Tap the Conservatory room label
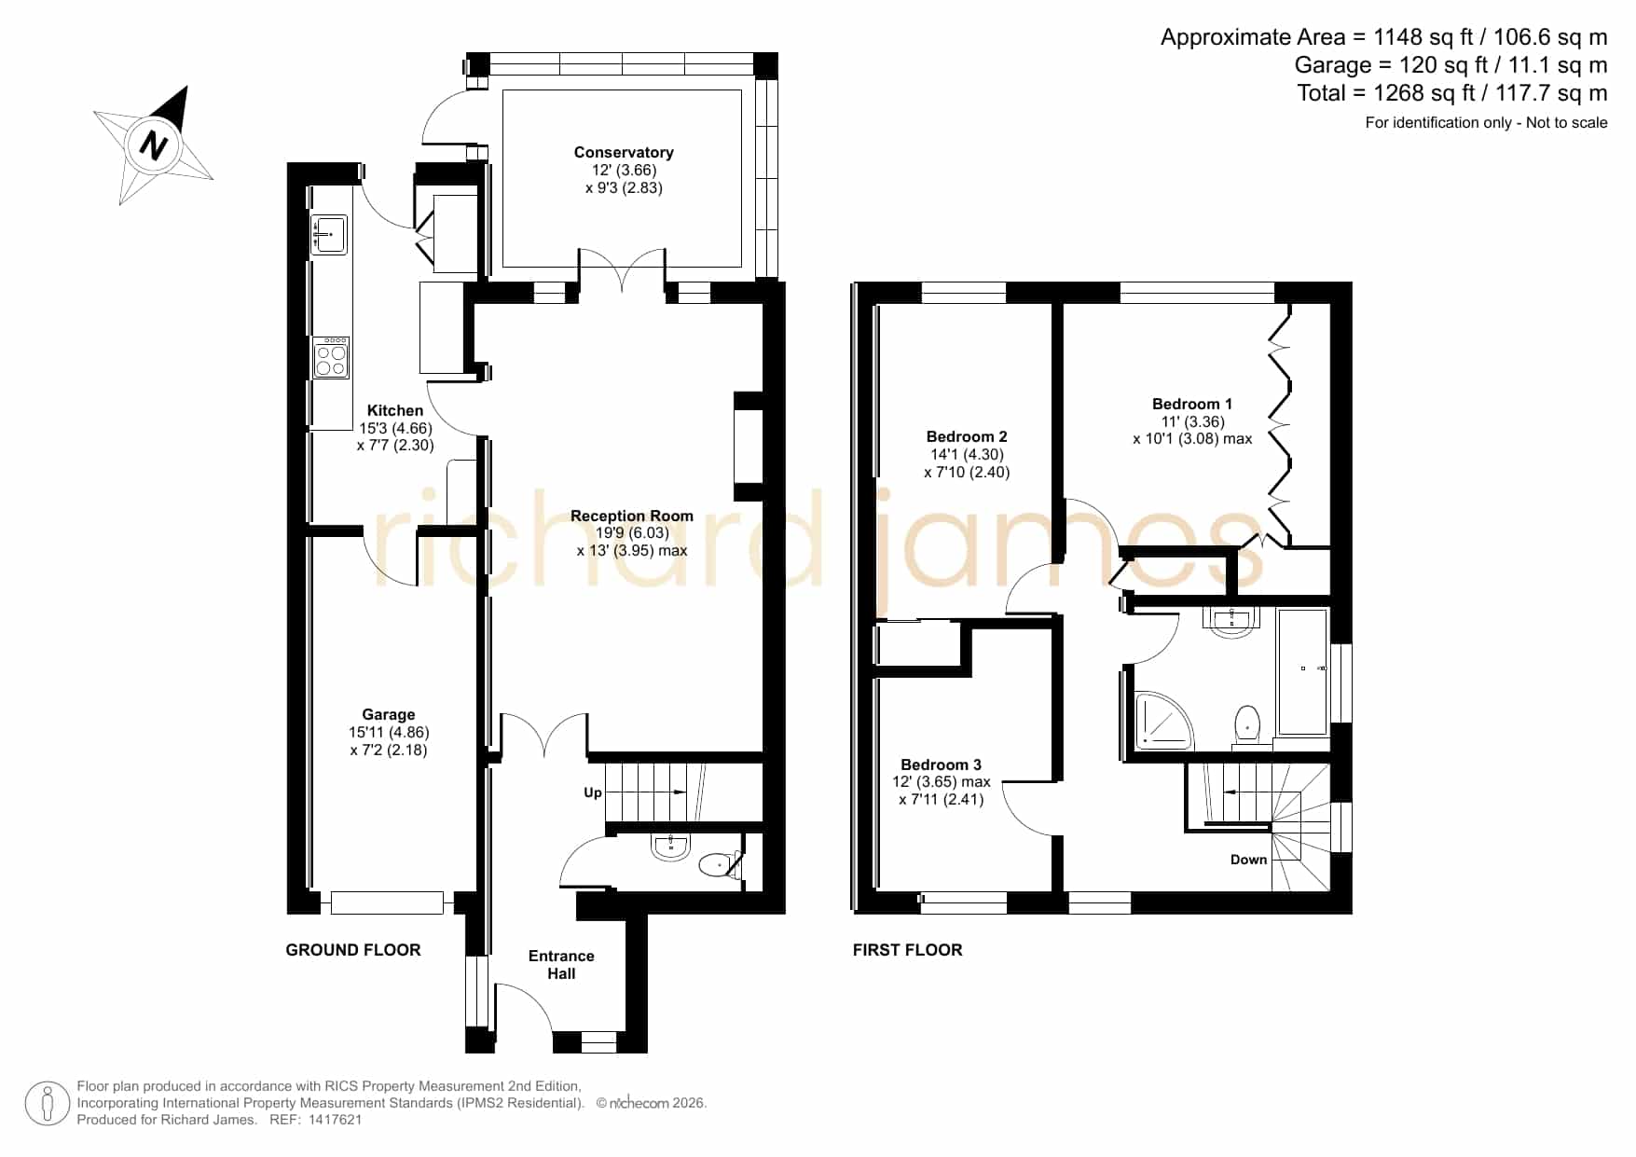point(624,152)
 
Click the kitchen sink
point(328,234)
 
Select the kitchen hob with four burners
point(330,358)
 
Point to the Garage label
point(389,715)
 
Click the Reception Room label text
point(632,516)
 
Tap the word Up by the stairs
point(593,792)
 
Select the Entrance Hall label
point(561,964)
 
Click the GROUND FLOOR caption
point(353,950)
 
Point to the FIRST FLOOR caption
point(908,950)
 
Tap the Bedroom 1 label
point(1192,404)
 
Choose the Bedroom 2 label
point(967,436)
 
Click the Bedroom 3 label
point(941,764)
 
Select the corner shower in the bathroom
point(1162,721)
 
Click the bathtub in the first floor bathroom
point(1302,671)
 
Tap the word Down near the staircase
point(1249,860)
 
